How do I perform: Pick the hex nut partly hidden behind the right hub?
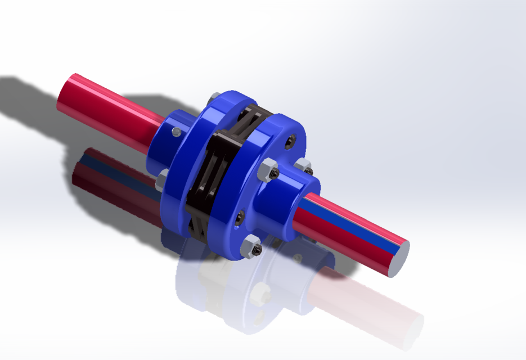tap(303, 166)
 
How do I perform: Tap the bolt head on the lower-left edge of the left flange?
tap(161, 178)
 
